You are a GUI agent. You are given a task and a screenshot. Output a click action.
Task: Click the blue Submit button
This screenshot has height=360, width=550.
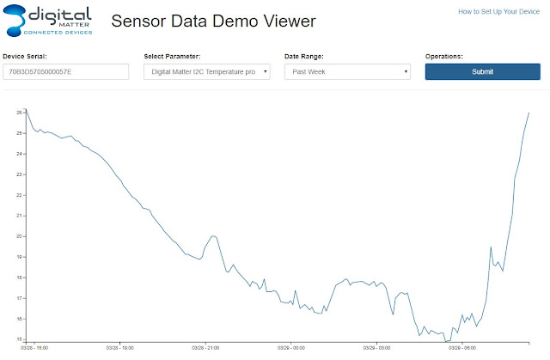pos(483,71)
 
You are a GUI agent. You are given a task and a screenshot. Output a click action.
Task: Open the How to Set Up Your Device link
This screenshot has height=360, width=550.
pos(498,11)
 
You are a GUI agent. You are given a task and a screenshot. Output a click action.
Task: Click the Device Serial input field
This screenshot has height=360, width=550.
pos(66,71)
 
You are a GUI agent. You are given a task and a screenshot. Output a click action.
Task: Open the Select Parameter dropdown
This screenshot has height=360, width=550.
pos(207,71)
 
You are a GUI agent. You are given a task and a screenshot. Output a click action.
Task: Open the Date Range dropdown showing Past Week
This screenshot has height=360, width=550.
pos(347,71)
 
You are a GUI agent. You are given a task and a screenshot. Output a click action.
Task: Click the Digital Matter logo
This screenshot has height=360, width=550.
pos(48,21)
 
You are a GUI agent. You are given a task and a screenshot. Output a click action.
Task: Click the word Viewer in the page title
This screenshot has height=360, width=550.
pos(290,21)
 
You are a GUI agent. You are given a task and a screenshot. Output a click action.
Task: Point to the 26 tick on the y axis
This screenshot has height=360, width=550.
pos(19,113)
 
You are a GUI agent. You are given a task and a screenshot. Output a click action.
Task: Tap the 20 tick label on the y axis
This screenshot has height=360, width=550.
pos(19,236)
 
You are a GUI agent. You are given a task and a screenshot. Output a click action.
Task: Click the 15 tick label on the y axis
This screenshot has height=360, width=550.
pos(19,339)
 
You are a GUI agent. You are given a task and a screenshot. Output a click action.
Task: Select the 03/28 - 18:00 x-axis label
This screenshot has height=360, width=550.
pos(120,348)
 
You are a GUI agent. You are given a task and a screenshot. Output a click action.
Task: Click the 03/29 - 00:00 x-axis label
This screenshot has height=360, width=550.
pos(291,348)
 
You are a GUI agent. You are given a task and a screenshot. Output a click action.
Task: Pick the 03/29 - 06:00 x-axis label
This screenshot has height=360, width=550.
pos(462,348)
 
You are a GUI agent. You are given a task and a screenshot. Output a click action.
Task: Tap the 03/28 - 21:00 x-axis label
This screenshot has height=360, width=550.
pos(205,348)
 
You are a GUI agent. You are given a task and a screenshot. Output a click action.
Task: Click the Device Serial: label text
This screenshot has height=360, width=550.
pos(25,56)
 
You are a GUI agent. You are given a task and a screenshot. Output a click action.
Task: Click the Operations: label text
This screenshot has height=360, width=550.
pos(444,56)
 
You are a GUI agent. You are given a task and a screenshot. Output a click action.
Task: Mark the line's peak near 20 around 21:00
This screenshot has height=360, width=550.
pos(213,236)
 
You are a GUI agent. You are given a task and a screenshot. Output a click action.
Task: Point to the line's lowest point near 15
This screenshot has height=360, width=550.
pos(446,341)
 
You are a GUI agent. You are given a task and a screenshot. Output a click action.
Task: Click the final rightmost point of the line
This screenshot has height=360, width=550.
pos(529,113)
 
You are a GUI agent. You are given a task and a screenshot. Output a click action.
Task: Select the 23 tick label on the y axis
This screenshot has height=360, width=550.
pos(19,174)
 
